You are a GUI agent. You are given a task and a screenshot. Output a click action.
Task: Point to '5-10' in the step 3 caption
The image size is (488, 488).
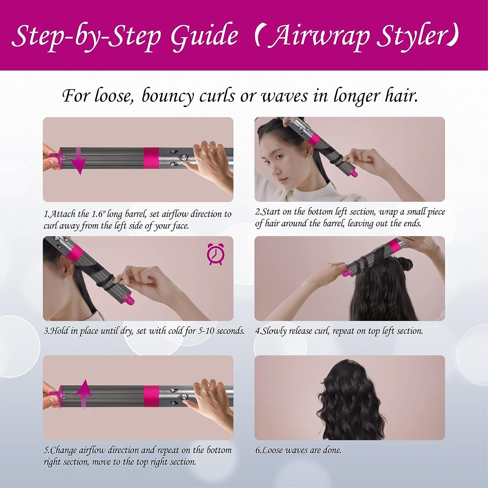click(x=206, y=331)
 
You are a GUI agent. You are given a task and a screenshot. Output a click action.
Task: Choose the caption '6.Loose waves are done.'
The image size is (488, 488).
click(x=298, y=450)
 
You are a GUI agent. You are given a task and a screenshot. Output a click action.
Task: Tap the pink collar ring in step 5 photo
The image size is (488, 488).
click(x=151, y=396)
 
